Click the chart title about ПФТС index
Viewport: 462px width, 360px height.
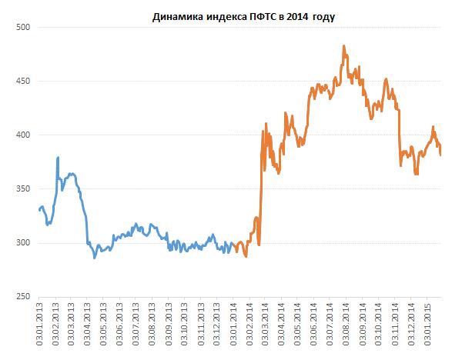tap(239, 15)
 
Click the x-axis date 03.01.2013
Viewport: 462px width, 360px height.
tap(40, 326)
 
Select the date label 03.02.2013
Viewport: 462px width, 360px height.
tap(56, 326)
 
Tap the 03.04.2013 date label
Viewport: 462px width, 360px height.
tap(89, 326)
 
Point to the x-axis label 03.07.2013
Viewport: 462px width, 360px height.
tap(137, 326)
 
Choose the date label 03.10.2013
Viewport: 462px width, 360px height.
tap(186, 326)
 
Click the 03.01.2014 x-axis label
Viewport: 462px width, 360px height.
tap(234, 326)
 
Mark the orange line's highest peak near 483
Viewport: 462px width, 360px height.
tap(343, 46)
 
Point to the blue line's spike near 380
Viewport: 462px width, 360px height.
tap(59, 158)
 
